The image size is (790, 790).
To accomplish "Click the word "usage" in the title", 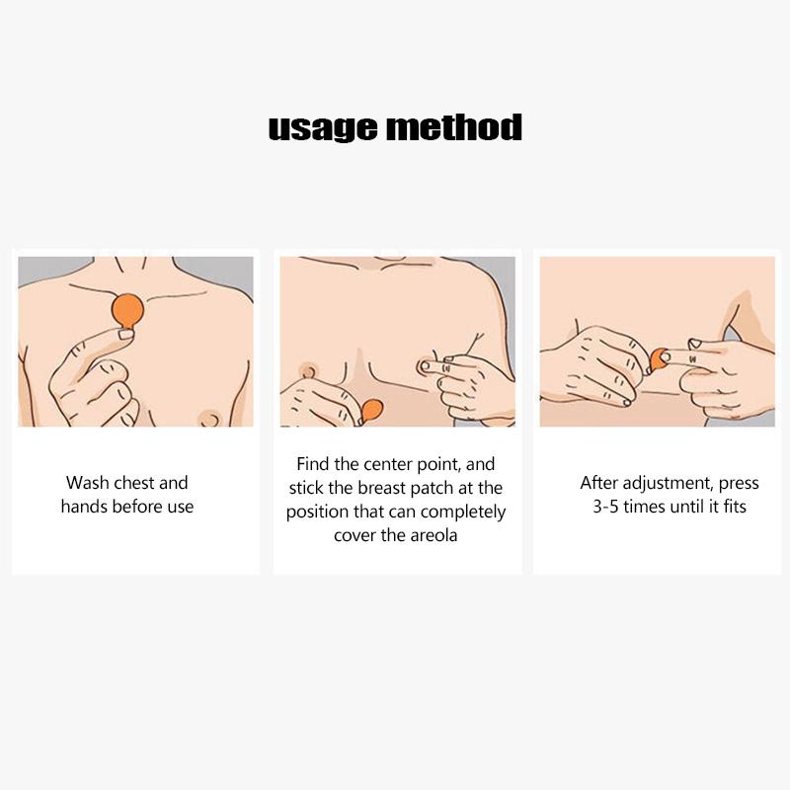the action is coord(323,127).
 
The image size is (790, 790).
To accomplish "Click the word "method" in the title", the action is coord(454,126).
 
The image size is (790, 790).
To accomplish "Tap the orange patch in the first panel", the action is coord(127,311).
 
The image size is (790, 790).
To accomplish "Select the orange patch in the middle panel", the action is coord(372,411).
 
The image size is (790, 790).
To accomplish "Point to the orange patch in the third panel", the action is coord(657,359).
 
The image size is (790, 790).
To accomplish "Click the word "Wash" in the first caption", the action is coord(87,483).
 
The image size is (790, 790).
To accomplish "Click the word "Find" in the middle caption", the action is coord(312,464).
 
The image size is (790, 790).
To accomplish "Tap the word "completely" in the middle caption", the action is coord(463,513).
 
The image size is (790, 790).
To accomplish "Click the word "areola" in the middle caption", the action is coord(434,535).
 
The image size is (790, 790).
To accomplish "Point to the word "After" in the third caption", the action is coord(599,483).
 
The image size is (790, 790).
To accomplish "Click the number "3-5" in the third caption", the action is coord(605,507).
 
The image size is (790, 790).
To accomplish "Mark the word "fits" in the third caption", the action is coord(735,507).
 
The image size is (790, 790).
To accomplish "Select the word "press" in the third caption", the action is coord(739,484).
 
